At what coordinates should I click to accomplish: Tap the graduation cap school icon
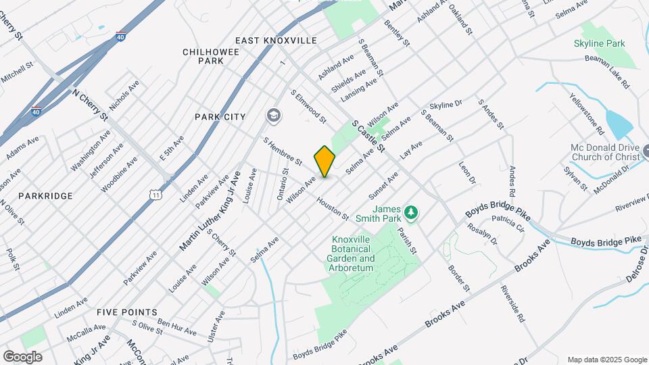tap(274, 116)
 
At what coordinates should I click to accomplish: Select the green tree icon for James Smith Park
tap(411, 214)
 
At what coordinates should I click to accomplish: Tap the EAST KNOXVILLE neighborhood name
tap(276, 41)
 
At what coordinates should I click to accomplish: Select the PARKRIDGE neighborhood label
tap(45, 196)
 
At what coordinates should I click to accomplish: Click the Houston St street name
tap(332, 208)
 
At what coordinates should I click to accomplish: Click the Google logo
tap(22, 356)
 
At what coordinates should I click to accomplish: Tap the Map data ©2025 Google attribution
tap(606, 360)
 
